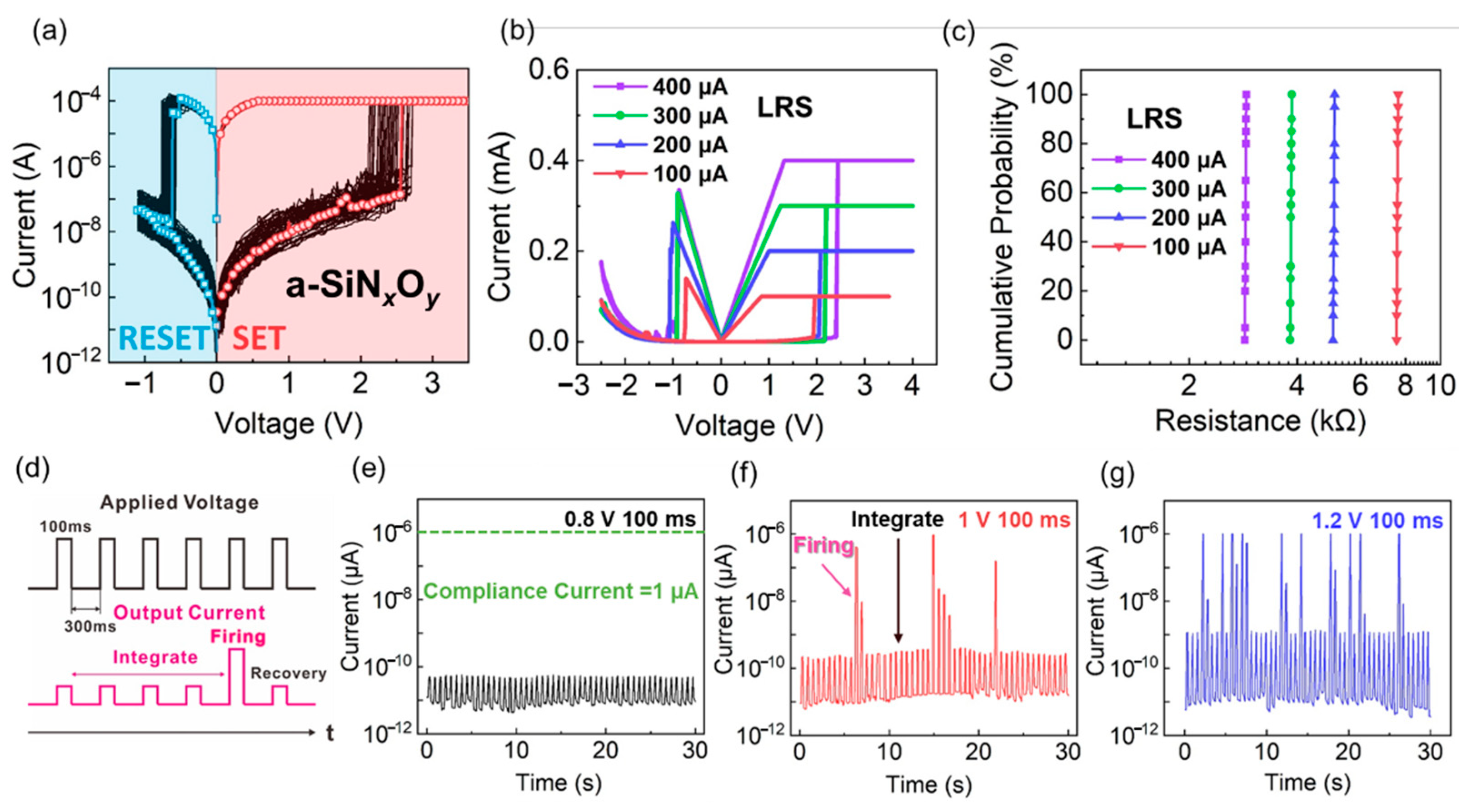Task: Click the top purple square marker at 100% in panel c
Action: point(1246,94)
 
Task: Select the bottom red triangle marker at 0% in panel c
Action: point(1397,340)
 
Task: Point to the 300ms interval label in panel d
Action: point(90,626)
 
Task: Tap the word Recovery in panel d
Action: point(289,673)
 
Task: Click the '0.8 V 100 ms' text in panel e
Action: point(630,519)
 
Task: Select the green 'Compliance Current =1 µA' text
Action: point(561,591)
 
